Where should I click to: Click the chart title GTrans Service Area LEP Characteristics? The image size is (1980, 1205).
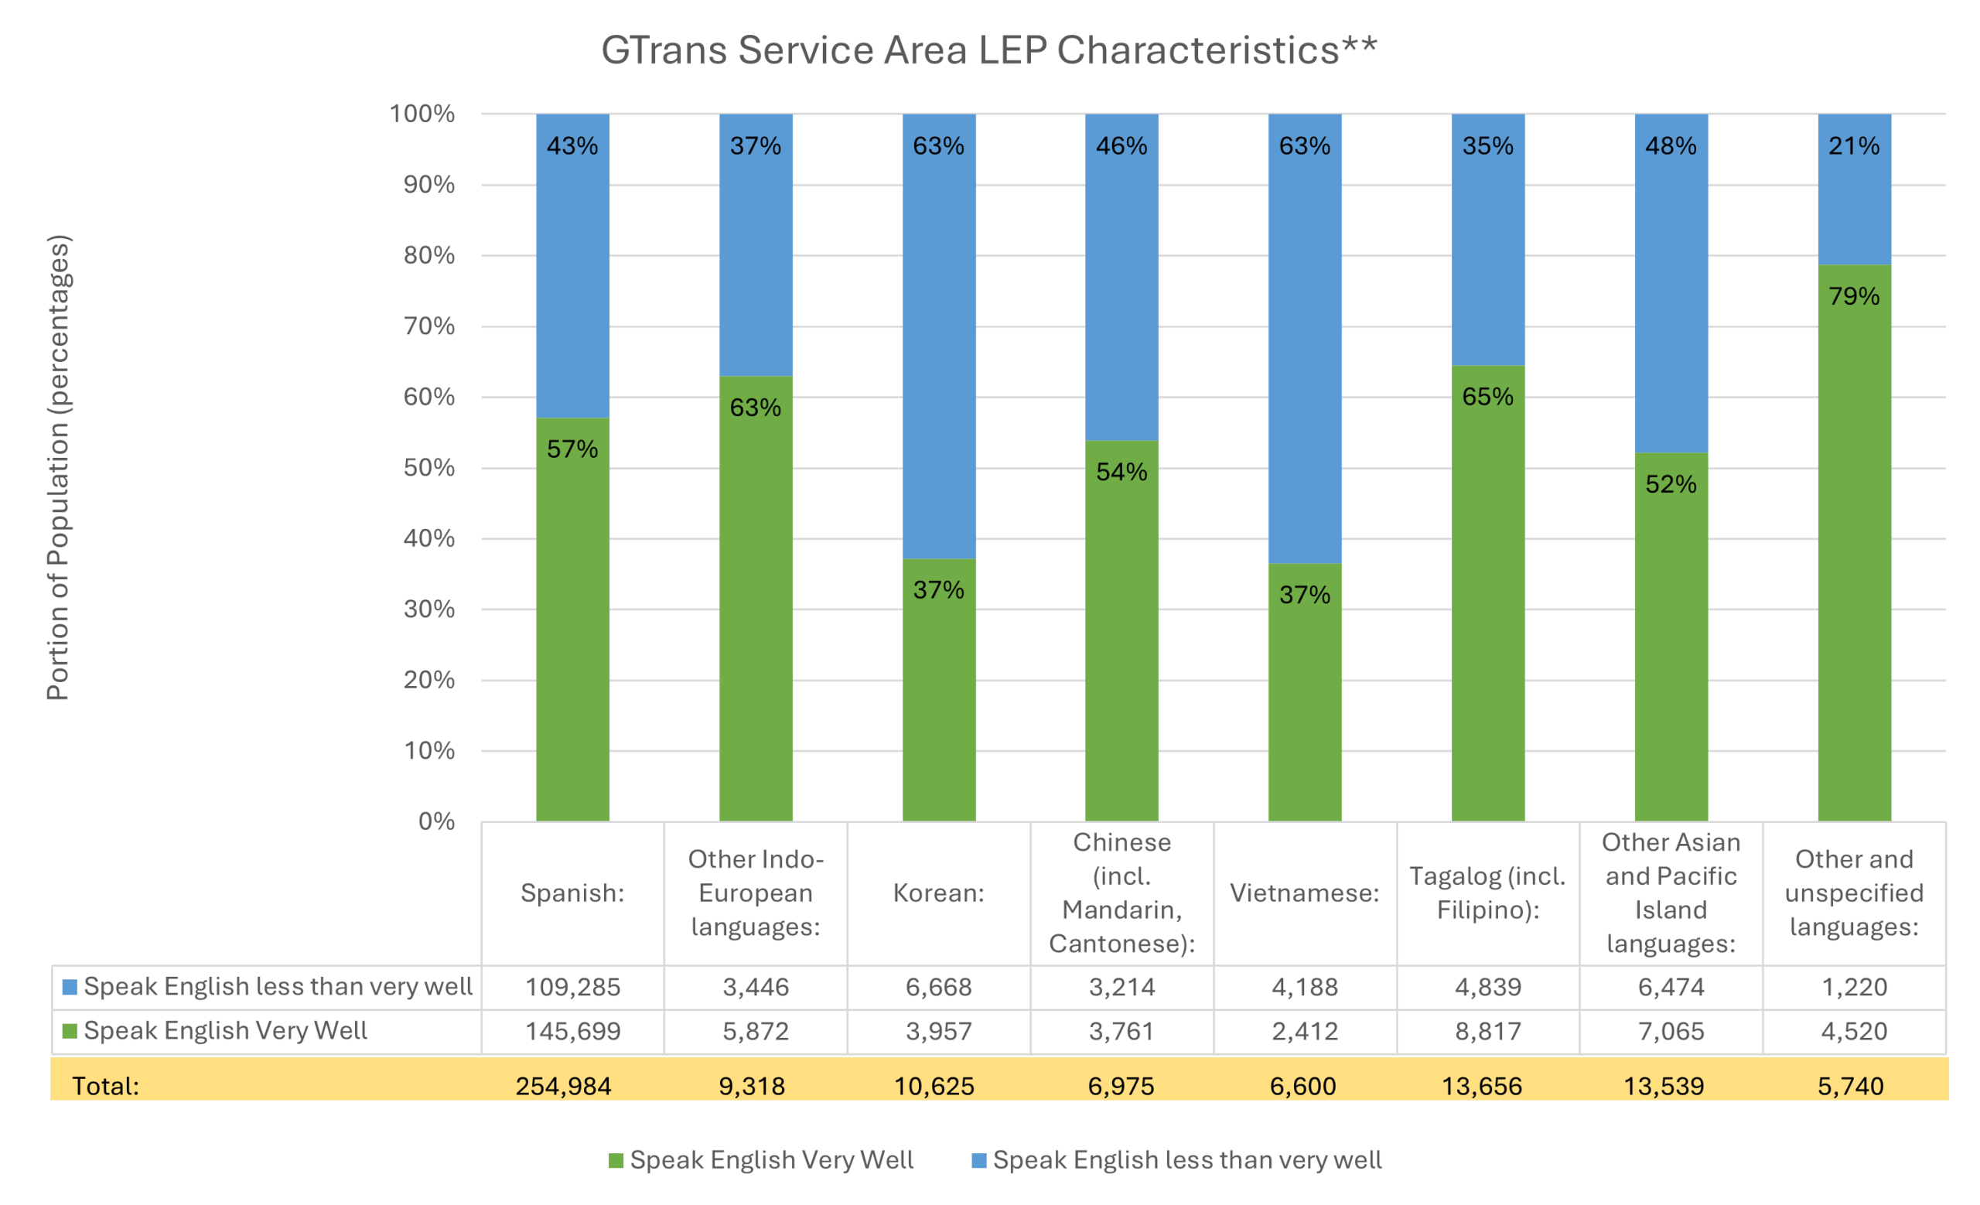(x=988, y=49)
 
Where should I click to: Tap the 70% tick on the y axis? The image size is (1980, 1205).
(x=428, y=326)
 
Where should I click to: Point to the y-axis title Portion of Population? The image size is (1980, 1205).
(x=59, y=468)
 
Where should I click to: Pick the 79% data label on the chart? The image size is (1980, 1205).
(x=1854, y=296)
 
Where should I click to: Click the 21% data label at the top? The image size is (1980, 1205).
(x=1854, y=146)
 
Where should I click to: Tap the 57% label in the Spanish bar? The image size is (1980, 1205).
(x=572, y=449)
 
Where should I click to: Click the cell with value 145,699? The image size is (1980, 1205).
(x=572, y=1031)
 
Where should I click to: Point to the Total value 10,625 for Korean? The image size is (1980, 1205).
(x=934, y=1086)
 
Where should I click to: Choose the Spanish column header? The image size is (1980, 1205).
(x=572, y=893)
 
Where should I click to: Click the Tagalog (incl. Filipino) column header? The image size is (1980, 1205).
(x=1487, y=893)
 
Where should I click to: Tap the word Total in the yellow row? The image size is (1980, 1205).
(x=105, y=1086)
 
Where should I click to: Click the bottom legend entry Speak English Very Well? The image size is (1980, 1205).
(x=770, y=1160)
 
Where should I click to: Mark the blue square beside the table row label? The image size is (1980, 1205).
(x=70, y=986)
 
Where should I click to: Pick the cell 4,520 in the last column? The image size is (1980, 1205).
(x=1854, y=1031)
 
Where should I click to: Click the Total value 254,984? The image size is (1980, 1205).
(x=563, y=1086)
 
